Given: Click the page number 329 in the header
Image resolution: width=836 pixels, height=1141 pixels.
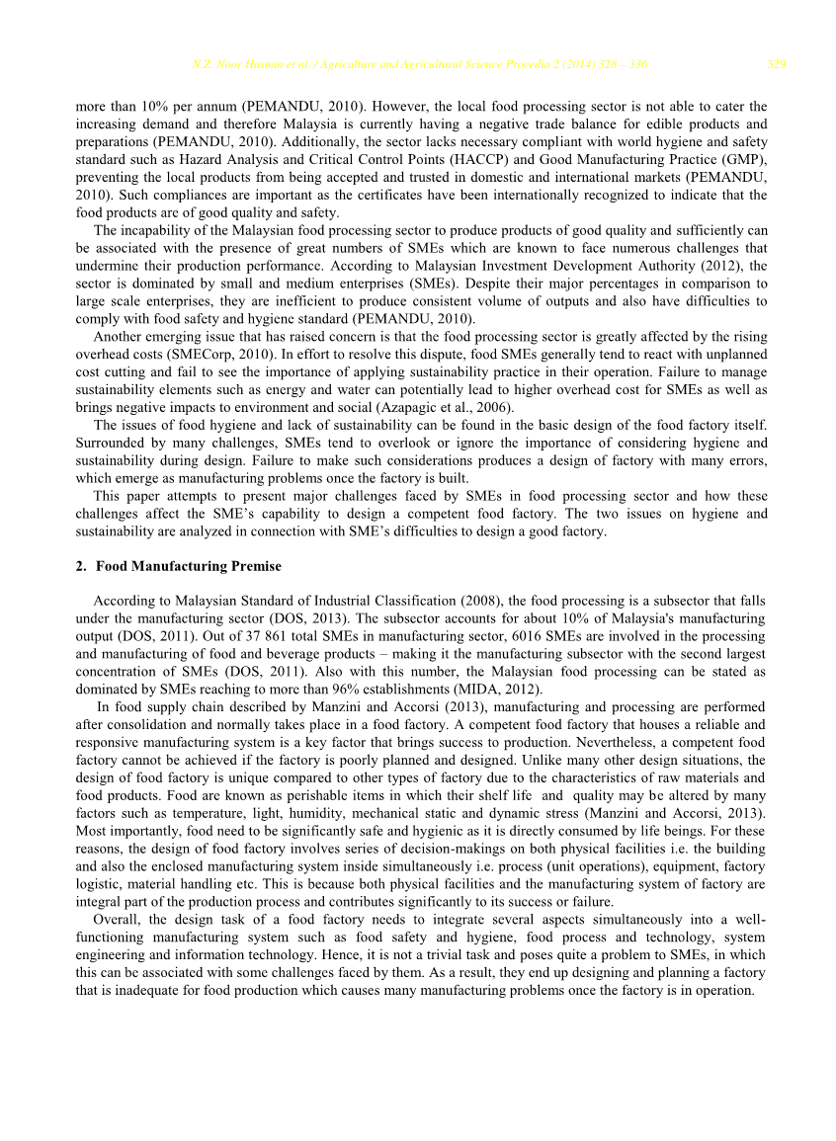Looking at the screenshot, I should (x=777, y=65).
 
